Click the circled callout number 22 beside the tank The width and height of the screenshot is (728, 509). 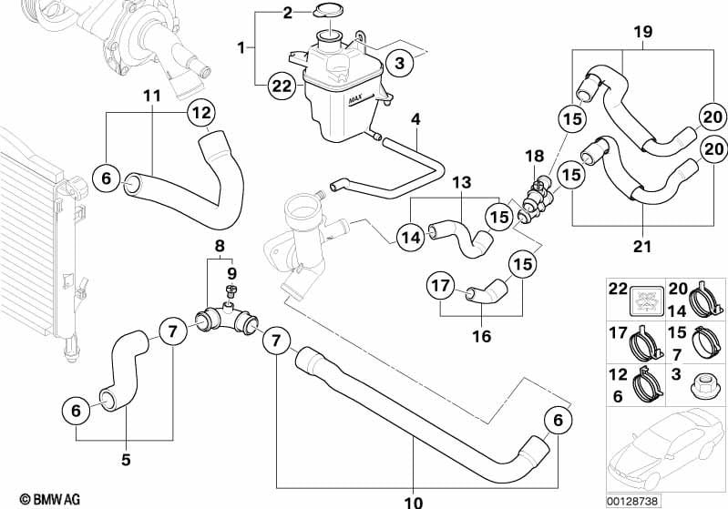point(282,87)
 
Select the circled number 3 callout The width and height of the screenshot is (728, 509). point(400,63)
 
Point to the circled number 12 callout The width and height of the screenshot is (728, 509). point(201,113)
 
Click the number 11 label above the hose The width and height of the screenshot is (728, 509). point(152,96)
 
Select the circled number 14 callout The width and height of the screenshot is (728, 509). point(410,238)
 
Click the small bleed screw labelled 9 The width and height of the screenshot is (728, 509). point(231,290)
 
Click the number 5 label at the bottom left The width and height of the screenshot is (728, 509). point(126,459)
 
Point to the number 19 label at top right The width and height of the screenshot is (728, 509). point(643,32)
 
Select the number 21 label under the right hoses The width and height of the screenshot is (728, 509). point(642,246)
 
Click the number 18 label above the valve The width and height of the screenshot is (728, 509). point(535,156)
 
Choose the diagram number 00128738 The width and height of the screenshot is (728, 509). point(632,502)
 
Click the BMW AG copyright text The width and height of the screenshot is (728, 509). point(50,499)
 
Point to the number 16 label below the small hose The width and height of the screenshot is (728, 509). point(481,335)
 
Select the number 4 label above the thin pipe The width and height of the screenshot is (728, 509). point(415,119)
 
